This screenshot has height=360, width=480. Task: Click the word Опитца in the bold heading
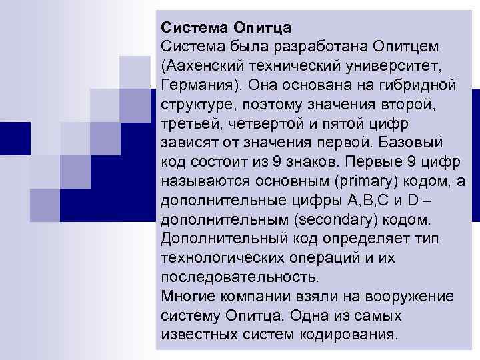[261, 28]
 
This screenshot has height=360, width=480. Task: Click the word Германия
[200, 86]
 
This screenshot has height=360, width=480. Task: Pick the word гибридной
[424, 86]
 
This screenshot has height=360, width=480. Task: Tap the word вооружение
[410, 296]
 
